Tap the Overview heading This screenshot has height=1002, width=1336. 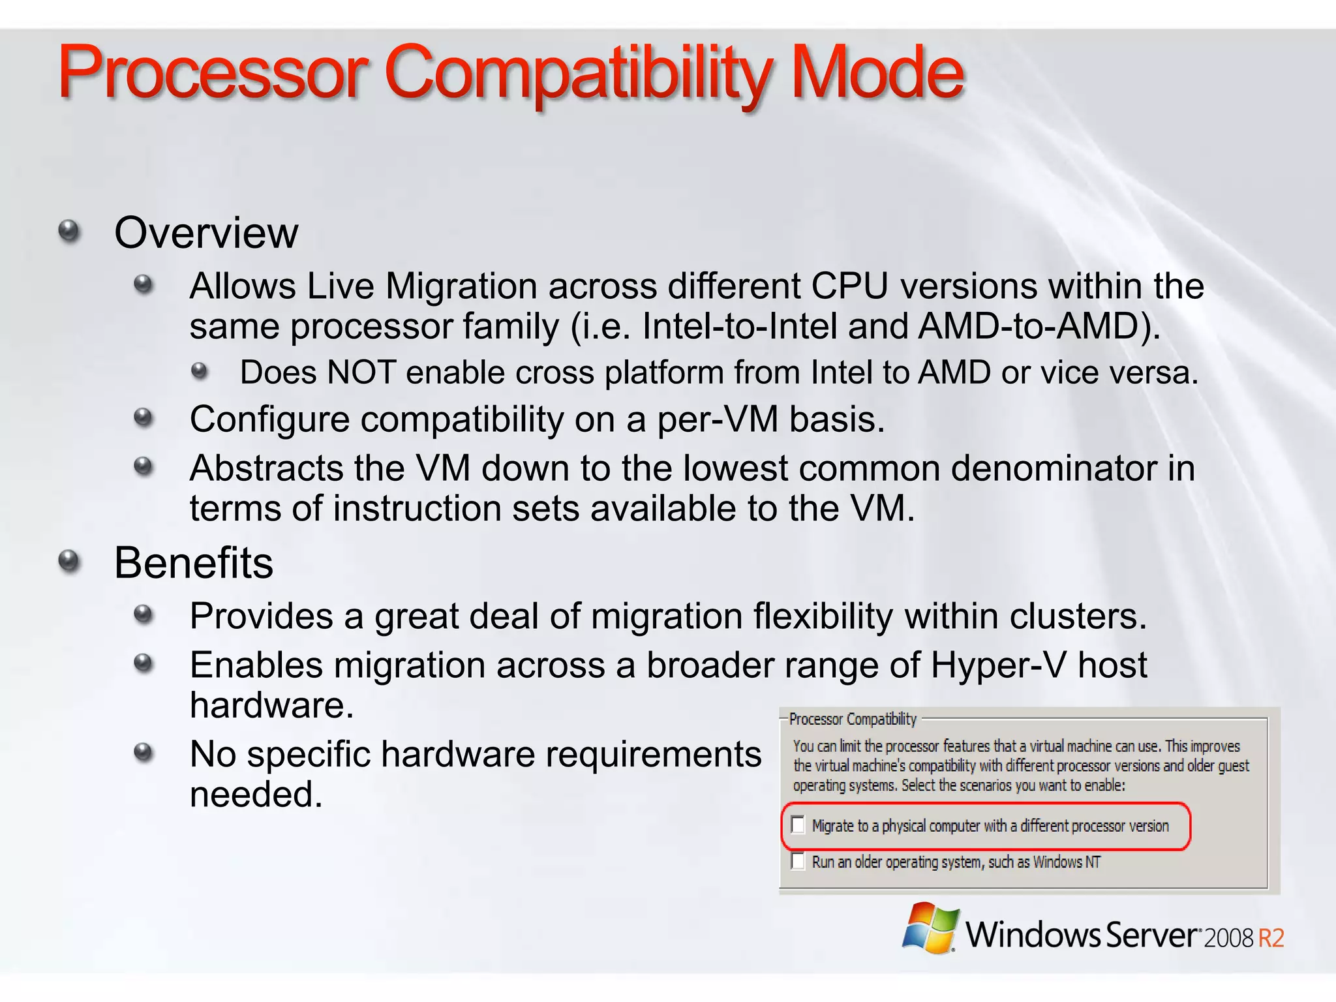point(206,233)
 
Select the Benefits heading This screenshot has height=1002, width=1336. point(194,563)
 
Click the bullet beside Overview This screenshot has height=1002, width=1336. point(68,231)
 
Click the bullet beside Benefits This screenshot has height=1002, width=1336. point(68,561)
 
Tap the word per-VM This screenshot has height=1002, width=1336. point(718,419)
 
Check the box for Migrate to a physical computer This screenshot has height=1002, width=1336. point(798,825)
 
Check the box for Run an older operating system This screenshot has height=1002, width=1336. point(798,861)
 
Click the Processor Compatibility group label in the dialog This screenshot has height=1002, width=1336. point(853,719)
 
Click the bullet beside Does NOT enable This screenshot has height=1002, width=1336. point(200,372)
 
